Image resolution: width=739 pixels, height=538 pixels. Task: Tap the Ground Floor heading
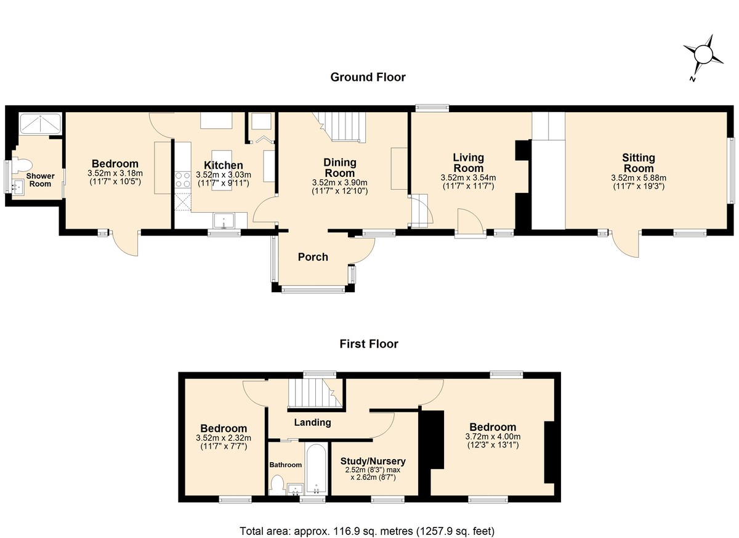[x=368, y=77]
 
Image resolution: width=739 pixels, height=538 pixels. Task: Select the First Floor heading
[x=369, y=344]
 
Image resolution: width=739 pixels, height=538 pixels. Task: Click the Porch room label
[x=313, y=257]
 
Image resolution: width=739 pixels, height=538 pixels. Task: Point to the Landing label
[x=312, y=422]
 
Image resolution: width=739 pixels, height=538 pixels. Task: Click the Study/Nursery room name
[x=373, y=461]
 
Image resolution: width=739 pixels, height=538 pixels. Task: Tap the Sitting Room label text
[x=639, y=163]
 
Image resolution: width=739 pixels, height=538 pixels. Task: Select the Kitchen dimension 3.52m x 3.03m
[x=224, y=174]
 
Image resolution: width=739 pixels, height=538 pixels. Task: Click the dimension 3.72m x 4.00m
[x=493, y=436]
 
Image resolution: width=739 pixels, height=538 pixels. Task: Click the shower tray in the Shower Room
[x=40, y=123]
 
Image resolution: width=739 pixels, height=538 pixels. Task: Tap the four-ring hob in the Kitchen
[x=183, y=179]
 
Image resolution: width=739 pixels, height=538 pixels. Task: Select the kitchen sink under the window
[x=224, y=221]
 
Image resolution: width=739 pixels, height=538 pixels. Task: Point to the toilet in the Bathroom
[x=278, y=485]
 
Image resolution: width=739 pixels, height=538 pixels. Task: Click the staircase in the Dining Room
[x=343, y=126]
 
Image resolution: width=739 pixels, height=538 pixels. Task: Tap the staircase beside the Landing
[x=315, y=393]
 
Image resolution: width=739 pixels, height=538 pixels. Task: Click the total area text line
[x=367, y=531]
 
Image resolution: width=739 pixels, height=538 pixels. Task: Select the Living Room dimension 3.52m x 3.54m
[x=468, y=177]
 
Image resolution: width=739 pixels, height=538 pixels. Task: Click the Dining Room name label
[x=340, y=168]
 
